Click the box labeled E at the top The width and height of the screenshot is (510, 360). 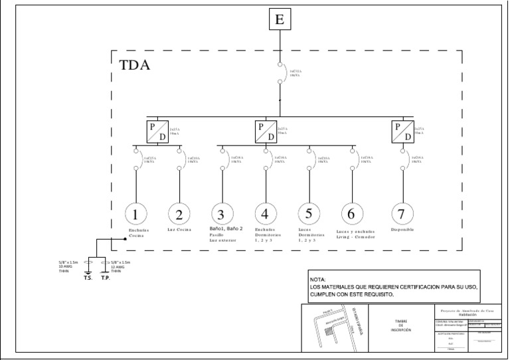[x=280, y=19]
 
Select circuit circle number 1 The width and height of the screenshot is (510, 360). [x=135, y=214]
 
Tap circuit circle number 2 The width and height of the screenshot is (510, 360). [x=179, y=214]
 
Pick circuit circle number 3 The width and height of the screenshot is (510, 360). [x=221, y=214]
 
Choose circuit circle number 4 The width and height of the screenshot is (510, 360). [x=265, y=214]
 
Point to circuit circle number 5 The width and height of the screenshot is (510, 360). [x=309, y=214]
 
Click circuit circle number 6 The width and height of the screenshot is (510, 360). [x=352, y=214]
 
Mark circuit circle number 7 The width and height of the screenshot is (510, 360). [x=402, y=214]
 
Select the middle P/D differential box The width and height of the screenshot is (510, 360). [x=266, y=131]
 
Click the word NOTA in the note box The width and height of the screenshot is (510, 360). [x=318, y=280]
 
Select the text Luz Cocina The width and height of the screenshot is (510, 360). [x=179, y=229]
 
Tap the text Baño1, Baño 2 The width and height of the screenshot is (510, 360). [x=228, y=228]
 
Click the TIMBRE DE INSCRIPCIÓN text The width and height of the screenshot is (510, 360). [x=402, y=325]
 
